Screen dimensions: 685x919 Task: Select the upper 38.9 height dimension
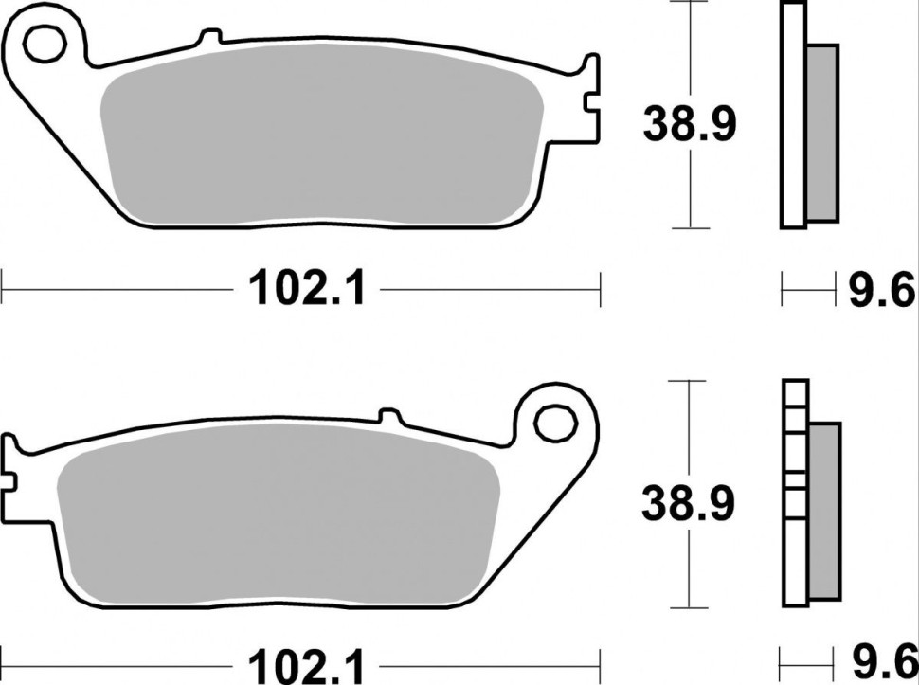pos(689,123)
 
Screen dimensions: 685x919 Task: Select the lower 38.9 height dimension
pos(689,504)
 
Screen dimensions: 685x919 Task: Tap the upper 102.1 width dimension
pos(306,288)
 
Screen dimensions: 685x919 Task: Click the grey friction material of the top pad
pos(322,142)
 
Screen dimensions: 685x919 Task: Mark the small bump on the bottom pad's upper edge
pos(387,415)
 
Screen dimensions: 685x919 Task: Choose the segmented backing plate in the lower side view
pos(794,493)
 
